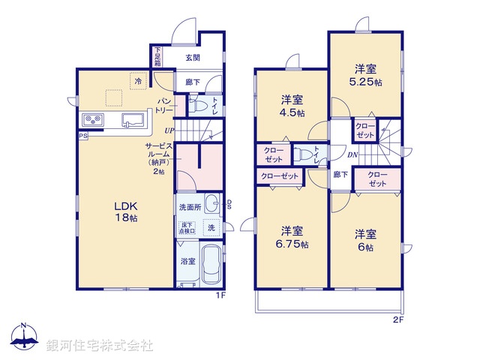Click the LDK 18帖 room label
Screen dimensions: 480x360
click(126, 211)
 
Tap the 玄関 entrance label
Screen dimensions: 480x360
click(193, 58)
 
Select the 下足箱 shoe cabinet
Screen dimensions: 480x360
click(157, 57)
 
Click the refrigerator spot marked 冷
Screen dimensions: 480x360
click(138, 81)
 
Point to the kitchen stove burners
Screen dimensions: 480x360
click(93, 120)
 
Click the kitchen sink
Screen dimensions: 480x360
click(133, 120)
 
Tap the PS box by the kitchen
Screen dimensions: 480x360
click(83, 136)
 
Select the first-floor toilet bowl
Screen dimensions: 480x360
click(196, 106)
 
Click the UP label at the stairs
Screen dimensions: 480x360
click(169, 131)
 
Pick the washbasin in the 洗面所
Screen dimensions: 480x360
click(211, 203)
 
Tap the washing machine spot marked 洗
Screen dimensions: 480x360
click(211, 228)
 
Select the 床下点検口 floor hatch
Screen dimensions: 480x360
click(187, 228)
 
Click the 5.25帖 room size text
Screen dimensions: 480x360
click(366, 82)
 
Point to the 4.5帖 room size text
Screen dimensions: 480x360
click(292, 112)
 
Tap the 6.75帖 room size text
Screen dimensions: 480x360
click(292, 244)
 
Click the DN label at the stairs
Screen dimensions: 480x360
click(352, 155)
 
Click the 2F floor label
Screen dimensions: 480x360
click(398, 320)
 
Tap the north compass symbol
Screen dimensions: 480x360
click(24, 336)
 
